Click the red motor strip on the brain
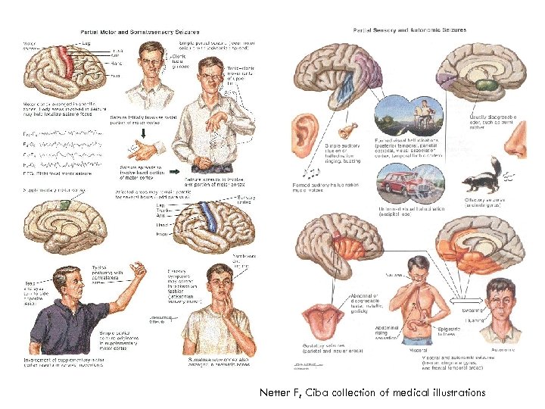pos(69,61)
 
